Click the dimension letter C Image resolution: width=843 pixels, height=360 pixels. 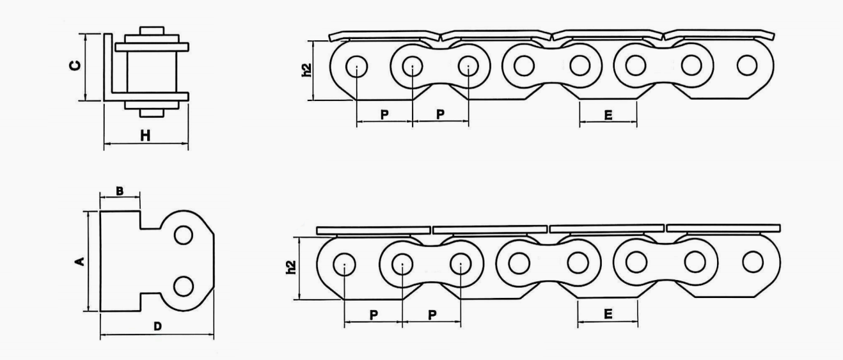tap(75, 65)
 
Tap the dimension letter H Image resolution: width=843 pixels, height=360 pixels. tap(145, 136)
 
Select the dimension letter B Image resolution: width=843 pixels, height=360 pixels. tap(120, 191)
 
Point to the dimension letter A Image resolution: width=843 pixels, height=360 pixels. tap(80, 261)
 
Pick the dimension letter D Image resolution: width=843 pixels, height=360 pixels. tap(158, 326)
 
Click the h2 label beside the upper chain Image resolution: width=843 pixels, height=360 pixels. tap(307, 70)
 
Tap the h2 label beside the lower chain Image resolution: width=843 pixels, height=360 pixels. tap(291, 267)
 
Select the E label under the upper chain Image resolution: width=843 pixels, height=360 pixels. tap(608, 115)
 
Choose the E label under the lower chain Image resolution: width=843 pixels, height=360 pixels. tap(608, 314)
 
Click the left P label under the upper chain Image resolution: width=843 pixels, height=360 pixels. tap(384, 114)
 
